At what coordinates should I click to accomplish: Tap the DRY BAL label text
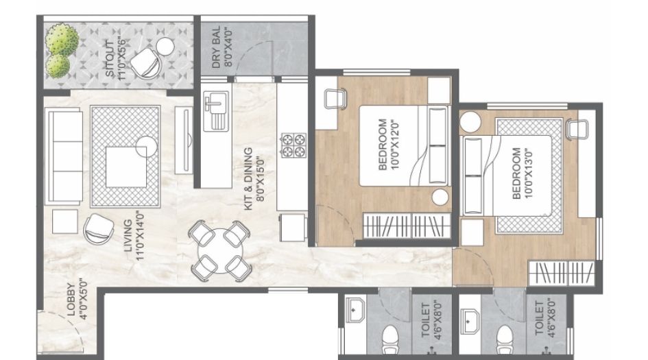click(219, 49)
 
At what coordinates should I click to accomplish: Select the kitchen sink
click(215, 110)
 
